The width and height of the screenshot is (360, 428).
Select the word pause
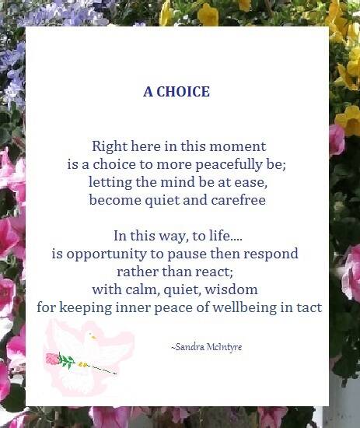tap(208, 254)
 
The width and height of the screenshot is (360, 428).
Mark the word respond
tap(271, 254)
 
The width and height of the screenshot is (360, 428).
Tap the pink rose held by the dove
tap(53, 359)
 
